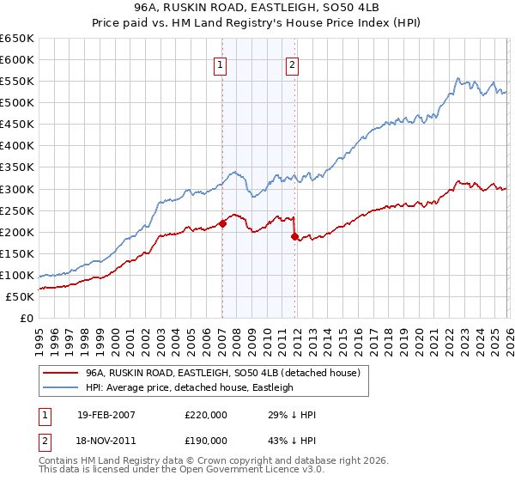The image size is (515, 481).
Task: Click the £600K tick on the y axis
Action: click(x=17, y=59)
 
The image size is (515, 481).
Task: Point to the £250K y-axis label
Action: click(x=17, y=210)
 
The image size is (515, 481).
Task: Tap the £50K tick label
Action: click(x=21, y=296)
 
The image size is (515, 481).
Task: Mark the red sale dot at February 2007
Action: click(x=222, y=223)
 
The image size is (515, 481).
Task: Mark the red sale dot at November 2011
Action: click(x=294, y=236)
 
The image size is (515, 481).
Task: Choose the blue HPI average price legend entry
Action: click(x=189, y=387)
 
